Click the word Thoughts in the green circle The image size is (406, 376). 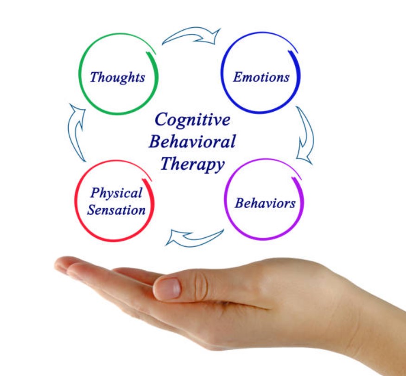tap(117, 77)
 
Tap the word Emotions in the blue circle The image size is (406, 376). tap(261, 77)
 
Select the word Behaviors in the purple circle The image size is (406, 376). tap(265, 203)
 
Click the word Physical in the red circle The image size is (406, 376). tap(116, 193)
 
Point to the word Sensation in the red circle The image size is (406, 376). tap(116, 210)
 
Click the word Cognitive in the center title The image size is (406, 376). tap(192, 120)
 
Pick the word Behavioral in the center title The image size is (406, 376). tap(192, 141)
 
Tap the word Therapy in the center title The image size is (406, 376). tap(192, 163)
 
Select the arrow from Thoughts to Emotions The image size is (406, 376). tap(192, 36)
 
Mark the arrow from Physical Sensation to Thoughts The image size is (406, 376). tap(77, 132)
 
